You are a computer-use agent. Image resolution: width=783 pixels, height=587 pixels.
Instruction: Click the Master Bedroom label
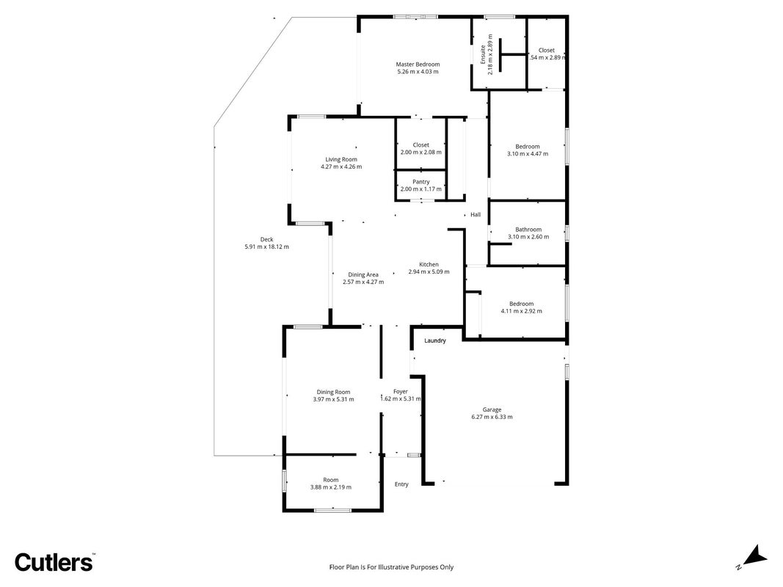(418, 65)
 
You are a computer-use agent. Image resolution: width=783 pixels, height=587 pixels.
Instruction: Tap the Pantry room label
(421, 182)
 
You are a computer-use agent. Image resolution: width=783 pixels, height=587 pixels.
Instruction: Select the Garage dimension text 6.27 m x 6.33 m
(492, 417)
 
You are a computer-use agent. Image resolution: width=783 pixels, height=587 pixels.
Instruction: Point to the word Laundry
(435, 341)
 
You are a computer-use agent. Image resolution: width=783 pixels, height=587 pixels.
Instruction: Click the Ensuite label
(483, 54)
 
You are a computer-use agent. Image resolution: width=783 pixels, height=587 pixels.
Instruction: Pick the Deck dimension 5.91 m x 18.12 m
(266, 247)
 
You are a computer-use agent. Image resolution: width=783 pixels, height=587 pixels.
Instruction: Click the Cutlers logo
(54, 562)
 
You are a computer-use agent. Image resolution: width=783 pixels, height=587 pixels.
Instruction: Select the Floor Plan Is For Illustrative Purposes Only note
(392, 567)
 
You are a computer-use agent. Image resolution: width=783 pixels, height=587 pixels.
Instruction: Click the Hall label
(476, 215)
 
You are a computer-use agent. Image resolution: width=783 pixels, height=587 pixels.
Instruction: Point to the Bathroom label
(528, 230)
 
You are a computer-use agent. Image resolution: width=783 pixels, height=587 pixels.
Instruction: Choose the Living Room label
(341, 160)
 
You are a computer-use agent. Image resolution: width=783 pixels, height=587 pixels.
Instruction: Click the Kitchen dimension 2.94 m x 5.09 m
(429, 272)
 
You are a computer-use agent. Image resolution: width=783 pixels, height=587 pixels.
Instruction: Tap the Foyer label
(401, 392)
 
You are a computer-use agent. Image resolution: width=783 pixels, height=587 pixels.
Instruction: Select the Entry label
(401, 484)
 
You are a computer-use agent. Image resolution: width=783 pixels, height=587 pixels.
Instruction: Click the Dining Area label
(363, 274)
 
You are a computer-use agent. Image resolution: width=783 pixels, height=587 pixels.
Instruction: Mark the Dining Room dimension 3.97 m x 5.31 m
(334, 399)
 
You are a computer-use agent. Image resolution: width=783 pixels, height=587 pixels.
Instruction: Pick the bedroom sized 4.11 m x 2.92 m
(521, 304)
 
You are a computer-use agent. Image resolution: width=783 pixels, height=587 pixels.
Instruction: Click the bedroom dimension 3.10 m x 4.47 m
(528, 154)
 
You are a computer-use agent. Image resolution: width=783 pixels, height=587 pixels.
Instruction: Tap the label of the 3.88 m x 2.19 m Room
(330, 480)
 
